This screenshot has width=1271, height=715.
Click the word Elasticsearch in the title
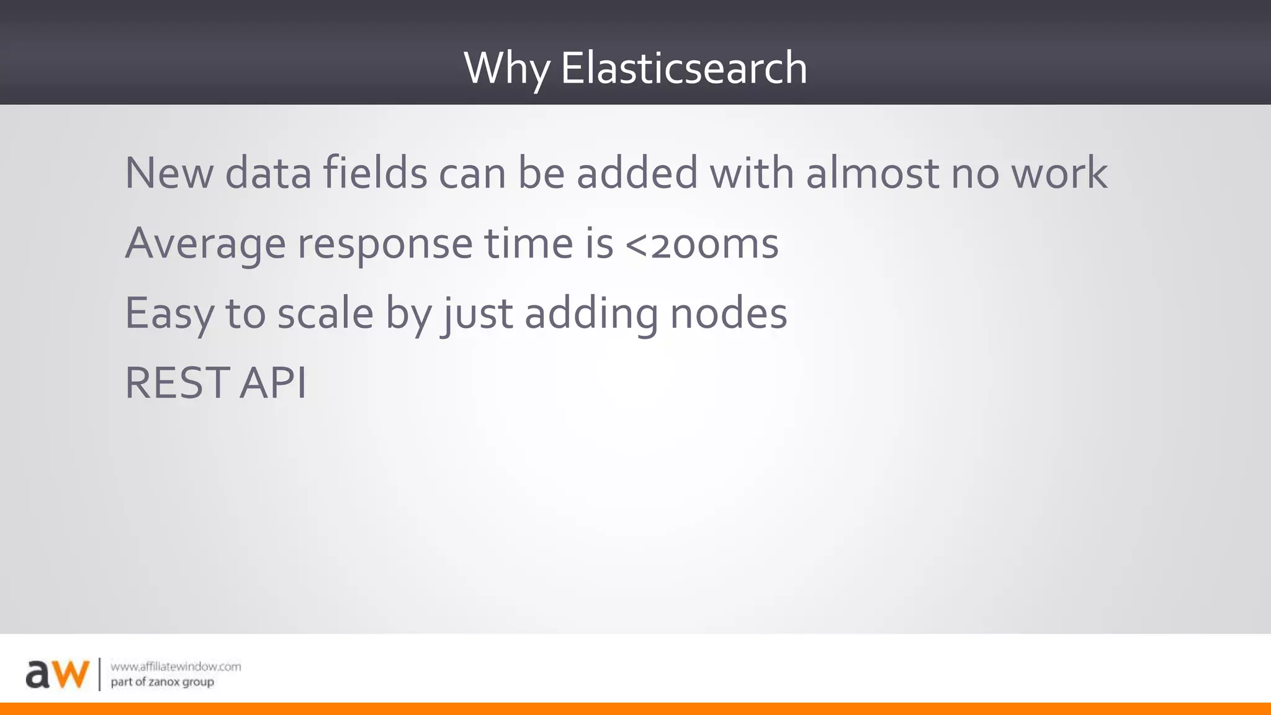pyautogui.click(x=684, y=68)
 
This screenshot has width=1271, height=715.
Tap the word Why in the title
pyautogui.click(x=506, y=69)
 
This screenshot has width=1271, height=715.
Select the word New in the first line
pyautogui.click(x=169, y=173)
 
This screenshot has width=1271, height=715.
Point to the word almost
pyautogui.click(x=873, y=173)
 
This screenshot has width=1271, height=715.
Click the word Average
pyautogui.click(x=205, y=244)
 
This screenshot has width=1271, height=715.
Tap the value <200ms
pyautogui.click(x=701, y=243)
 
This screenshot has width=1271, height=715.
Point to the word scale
pyautogui.click(x=325, y=313)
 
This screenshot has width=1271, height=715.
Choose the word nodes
pyautogui.click(x=729, y=313)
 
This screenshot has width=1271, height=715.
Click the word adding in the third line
pyautogui.click(x=591, y=314)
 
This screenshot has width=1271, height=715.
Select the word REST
pyautogui.click(x=176, y=383)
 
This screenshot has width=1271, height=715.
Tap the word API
pyautogui.click(x=273, y=383)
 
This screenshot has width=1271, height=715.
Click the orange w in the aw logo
pyautogui.click(x=70, y=675)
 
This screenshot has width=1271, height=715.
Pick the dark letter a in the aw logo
pyautogui.click(x=37, y=676)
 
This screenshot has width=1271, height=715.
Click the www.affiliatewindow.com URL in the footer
pyautogui.click(x=176, y=667)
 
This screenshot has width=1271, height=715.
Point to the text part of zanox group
pyautogui.click(x=162, y=682)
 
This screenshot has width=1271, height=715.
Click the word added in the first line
pyautogui.click(x=637, y=173)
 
